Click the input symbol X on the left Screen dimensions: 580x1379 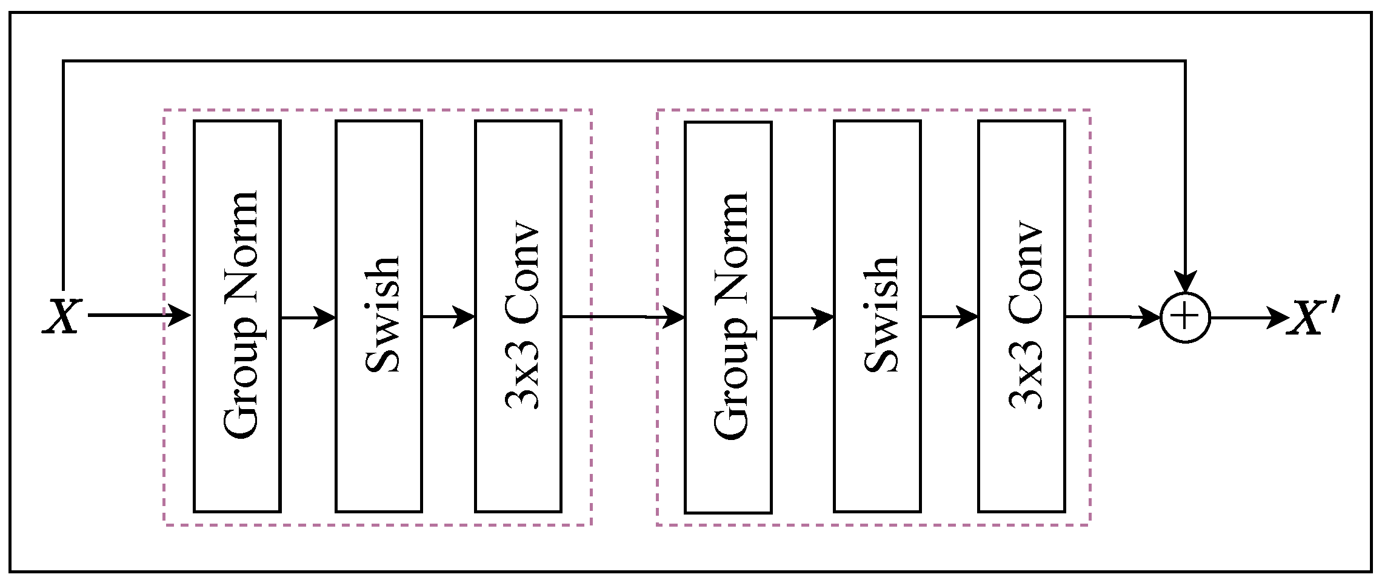[62, 316]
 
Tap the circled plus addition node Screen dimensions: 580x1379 [1185, 318]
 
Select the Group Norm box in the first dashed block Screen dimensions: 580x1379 [237, 316]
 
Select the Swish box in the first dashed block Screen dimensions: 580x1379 [379, 316]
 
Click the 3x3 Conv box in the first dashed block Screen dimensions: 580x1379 [518, 316]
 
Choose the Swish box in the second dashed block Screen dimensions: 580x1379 [877, 316]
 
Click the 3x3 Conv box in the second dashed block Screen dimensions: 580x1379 [1021, 316]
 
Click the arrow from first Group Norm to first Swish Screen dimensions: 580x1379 [308, 317]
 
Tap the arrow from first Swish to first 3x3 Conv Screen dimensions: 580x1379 [449, 316]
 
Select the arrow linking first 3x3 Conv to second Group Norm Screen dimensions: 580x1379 [623, 316]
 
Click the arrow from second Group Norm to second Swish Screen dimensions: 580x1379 [803, 317]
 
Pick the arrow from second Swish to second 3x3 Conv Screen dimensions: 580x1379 [949, 316]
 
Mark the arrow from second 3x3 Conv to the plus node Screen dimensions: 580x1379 [1112, 317]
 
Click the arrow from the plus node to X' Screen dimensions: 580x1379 [1249, 318]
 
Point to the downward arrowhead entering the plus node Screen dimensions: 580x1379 [1185, 282]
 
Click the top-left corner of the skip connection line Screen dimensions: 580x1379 [64, 61]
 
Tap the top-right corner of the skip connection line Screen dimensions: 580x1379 [1185, 61]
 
